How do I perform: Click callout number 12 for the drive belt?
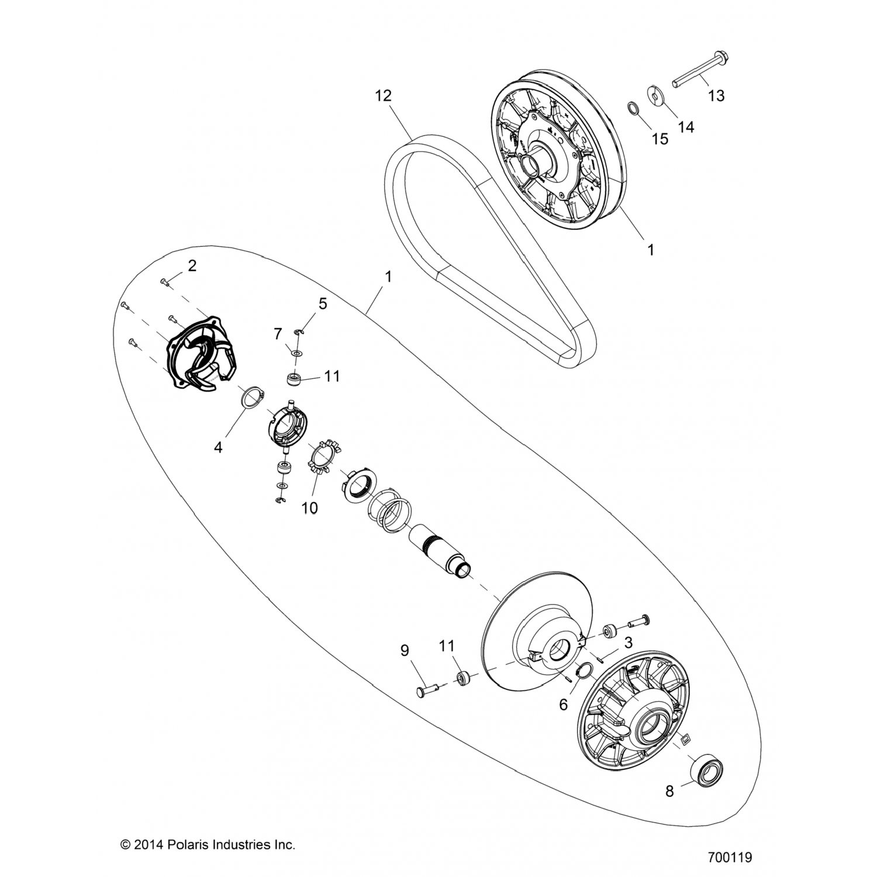[384, 95]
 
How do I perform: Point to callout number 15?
[660, 139]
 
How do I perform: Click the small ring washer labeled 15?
[633, 109]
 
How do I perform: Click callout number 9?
[404, 650]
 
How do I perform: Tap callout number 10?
[309, 508]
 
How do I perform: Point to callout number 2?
[192, 266]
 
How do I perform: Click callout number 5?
[322, 303]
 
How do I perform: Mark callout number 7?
[278, 334]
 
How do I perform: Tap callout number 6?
[563, 705]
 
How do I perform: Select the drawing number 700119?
[730, 858]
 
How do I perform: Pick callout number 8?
[669, 792]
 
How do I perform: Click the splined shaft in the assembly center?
[435, 547]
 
